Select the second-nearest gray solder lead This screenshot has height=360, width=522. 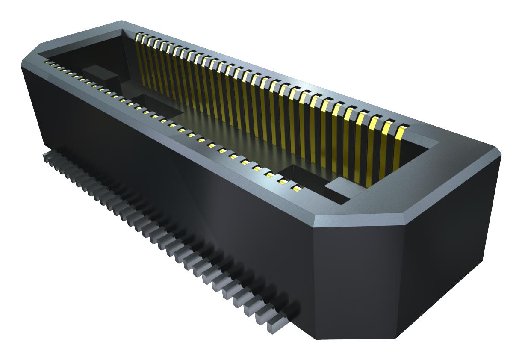264,316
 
